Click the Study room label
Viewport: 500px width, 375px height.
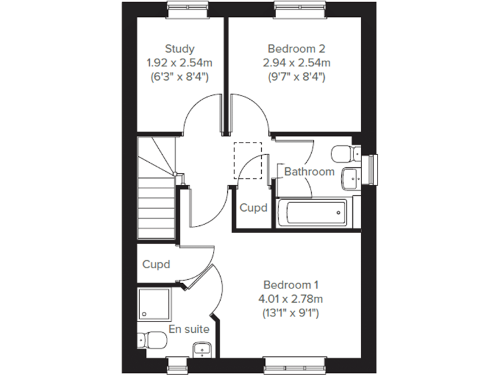180,49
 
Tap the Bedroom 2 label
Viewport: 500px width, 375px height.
296,49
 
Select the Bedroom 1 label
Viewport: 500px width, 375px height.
291,285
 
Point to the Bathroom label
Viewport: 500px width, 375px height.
309,172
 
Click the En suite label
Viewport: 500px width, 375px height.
189,329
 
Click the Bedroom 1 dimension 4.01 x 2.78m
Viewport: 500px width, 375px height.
291,299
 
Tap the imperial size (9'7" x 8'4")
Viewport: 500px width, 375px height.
296,77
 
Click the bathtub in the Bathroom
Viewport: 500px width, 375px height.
312,213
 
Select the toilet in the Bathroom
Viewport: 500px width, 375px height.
343,154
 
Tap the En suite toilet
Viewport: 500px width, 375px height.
150,340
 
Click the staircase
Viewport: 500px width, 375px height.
156,195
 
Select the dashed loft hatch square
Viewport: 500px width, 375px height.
247,160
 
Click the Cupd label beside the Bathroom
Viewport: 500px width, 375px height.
253,208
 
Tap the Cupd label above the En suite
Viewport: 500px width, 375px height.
156,264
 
